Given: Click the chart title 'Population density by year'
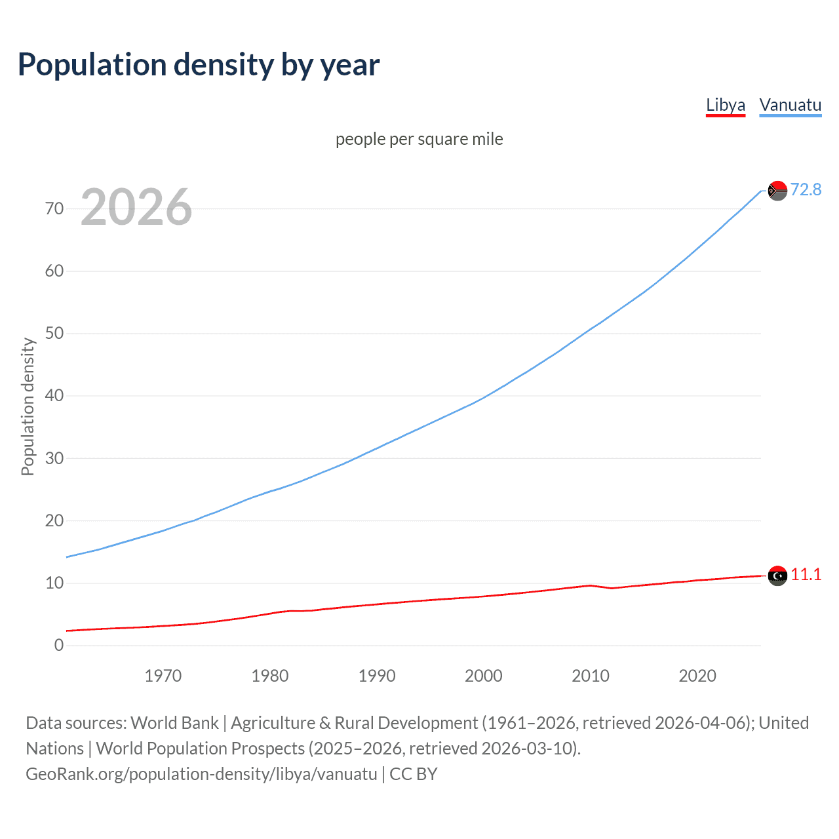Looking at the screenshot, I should pyautogui.click(x=199, y=65).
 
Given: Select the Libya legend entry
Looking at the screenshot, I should pyautogui.click(x=725, y=105).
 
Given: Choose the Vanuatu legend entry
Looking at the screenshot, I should pyautogui.click(x=790, y=105).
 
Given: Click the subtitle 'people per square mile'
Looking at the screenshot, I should pyautogui.click(x=419, y=139).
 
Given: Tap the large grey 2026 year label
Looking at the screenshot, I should pyautogui.click(x=136, y=207).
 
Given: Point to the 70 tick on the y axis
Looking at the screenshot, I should pyautogui.click(x=54, y=208).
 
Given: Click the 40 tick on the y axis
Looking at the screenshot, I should pyautogui.click(x=54, y=395).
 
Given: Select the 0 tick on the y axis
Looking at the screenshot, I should pyautogui.click(x=59, y=645).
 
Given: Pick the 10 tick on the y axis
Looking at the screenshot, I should pyautogui.click(x=54, y=583).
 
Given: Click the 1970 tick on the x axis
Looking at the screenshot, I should pyautogui.click(x=163, y=676).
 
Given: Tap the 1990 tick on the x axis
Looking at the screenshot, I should pyautogui.click(x=377, y=676).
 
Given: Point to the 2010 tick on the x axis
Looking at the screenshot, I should pyautogui.click(x=591, y=676).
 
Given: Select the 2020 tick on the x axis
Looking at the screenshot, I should pyautogui.click(x=697, y=676).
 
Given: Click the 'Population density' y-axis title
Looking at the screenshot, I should pyautogui.click(x=28, y=406).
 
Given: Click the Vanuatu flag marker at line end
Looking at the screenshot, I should pyautogui.click(x=777, y=191).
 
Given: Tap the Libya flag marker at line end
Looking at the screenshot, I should pyautogui.click(x=777, y=576).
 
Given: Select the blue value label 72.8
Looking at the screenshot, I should pyautogui.click(x=806, y=189).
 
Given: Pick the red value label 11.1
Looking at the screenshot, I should pyautogui.click(x=806, y=574).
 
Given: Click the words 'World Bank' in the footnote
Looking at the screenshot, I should pyautogui.click(x=174, y=722).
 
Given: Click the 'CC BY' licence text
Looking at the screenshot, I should pyautogui.click(x=413, y=773).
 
